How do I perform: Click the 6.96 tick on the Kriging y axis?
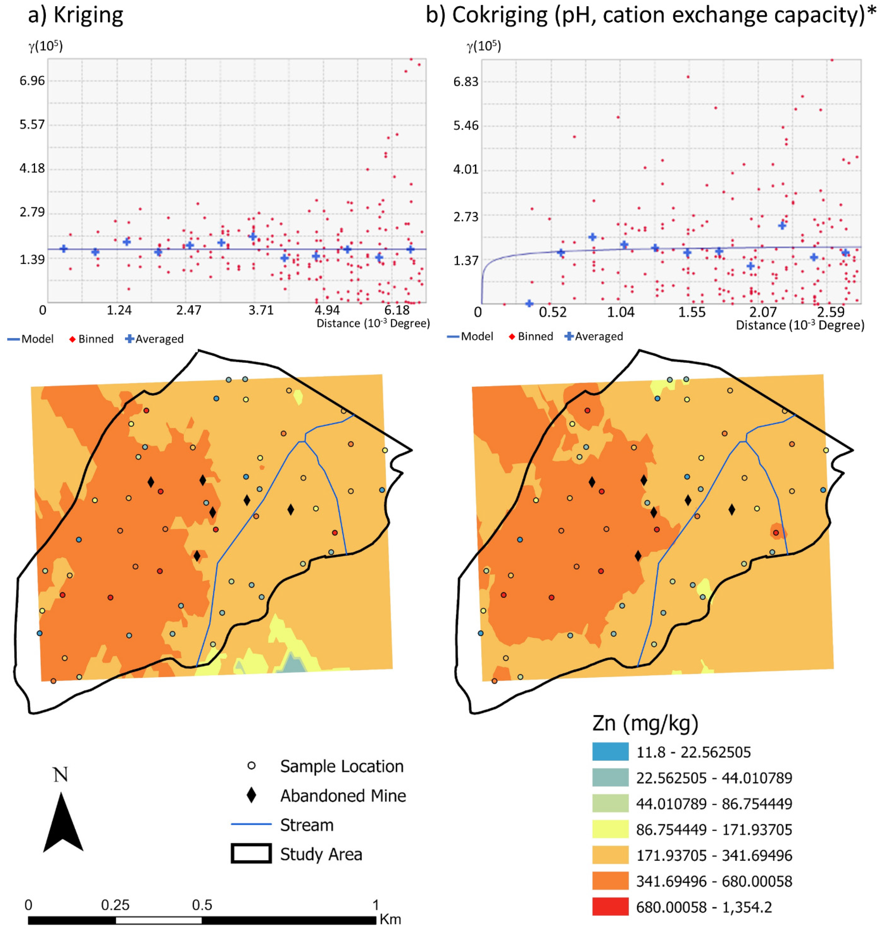point(32,81)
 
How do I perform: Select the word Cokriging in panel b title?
point(500,15)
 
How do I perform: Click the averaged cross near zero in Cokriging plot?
point(529,303)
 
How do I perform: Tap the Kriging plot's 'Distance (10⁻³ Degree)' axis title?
point(373,323)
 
